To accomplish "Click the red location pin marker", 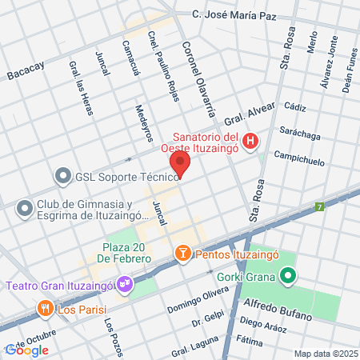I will pyautogui.click(x=180, y=164).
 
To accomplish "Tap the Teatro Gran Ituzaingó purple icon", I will pyautogui.click(x=124, y=283).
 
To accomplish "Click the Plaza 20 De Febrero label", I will pyautogui.click(x=126, y=252).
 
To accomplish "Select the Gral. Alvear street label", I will pyautogui.click(x=255, y=110).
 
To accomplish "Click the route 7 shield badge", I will pyautogui.click(x=319, y=206).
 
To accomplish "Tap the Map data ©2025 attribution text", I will pyautogui.click(x=325, y=354).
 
